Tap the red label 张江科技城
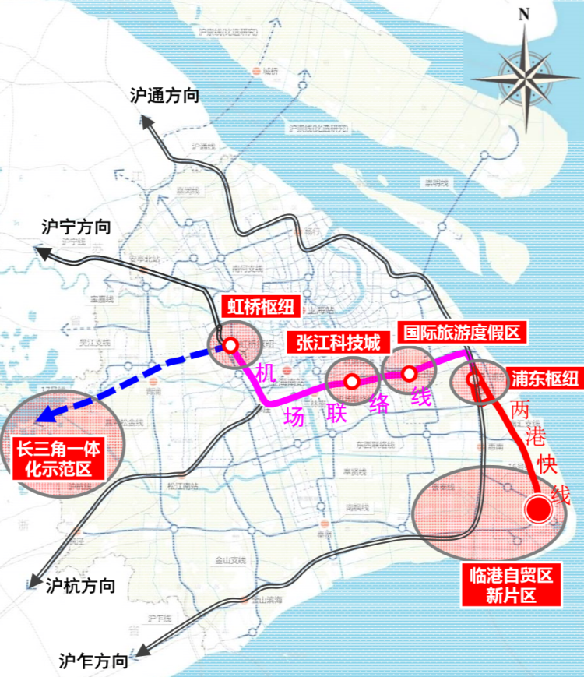pos(336,342)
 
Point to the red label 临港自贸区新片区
pos(510,587)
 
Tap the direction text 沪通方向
pos(165,97)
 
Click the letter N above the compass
pos(524,13)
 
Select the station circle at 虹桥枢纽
pos(230,346)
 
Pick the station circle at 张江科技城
pos(351,382)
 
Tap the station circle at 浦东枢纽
pos(473,380)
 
